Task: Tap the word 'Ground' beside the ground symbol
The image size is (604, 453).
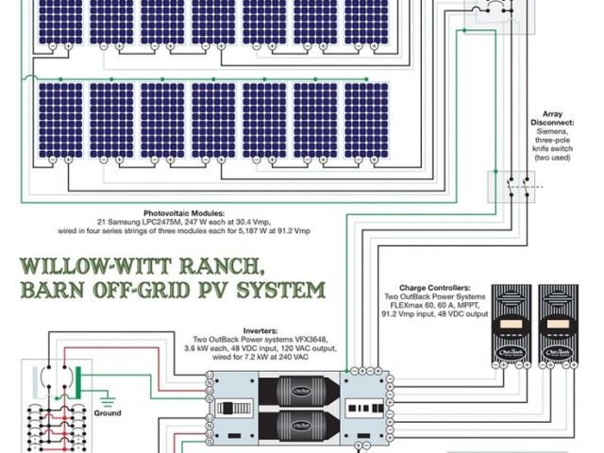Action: (108, 413)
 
